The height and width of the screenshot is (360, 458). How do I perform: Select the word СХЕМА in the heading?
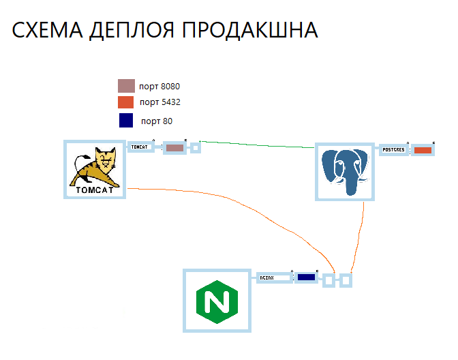click(x=47, y=31)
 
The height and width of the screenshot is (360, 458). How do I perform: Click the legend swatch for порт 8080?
click(x=126, y=86)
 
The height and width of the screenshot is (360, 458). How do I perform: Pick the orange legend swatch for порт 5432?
click(x=126, y=102)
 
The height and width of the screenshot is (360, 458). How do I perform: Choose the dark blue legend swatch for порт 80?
click(x=126, y=121)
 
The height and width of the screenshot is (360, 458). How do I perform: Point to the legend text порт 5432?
click(x=160, y=102)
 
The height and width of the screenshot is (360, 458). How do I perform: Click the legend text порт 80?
click(x=157, y=121)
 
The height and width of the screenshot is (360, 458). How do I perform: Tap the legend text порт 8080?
click(x=159, y=87)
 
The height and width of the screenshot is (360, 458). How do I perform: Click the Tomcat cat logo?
click(x=95, y=169)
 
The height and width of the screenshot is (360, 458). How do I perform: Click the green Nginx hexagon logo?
click(x=217, y=301)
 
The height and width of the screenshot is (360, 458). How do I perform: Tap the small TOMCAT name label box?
click(x=140, y=147)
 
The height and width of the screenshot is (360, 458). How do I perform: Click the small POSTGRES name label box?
click(x=393, y=149)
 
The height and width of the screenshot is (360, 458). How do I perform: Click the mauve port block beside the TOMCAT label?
click(x=174, y=148)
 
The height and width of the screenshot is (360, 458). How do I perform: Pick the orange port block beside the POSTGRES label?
click(x=423, y=150)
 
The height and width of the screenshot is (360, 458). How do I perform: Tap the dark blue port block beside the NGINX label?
click(x=306, y=277)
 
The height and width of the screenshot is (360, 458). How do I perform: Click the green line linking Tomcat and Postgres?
click(x=259, y=145)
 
